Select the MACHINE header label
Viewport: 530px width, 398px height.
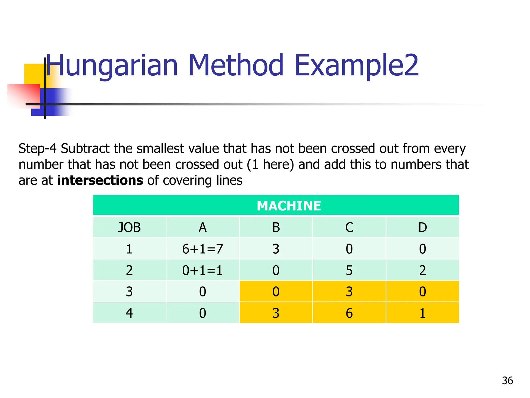pyautogui.click(x=289, y=206)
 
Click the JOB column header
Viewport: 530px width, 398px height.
pyautogui.click(x=129, y=228)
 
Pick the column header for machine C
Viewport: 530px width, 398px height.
pyautogui.click(x=349, y=228)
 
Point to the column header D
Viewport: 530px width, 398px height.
pyautogui.click(x=422, y=228)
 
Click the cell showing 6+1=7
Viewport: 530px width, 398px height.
pyautogui.click(x=202, y=249)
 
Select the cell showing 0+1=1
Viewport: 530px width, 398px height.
pyautogui.click(x=202, y=271)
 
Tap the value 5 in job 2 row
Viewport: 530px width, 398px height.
pyautogui.click(x=349, y=271)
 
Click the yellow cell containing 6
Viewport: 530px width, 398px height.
pyautogui.click(x=349, y=313)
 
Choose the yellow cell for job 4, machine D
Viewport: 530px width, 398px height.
pyautogui.click(x=422, y=313)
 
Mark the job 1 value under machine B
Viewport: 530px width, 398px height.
pyautogui.click(x=276, y=249)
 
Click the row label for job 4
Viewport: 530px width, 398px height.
pyautogui.click(x=129, y=313)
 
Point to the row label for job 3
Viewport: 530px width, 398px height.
pyautogui.click(x=129, y=292)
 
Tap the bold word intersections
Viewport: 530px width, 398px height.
pyautogui.click(x=100, y=180)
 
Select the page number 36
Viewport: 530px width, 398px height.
pyautogui.click(x=507, y=381)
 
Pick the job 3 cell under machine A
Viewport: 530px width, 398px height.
pyautogui.click(x=202, y=292)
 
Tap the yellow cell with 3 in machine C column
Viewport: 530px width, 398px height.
pyautogui.click(x=349, y=292)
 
